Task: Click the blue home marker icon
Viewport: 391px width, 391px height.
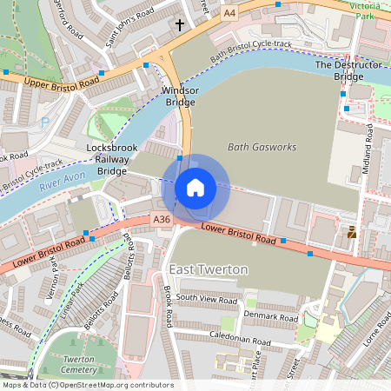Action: (x=195, y=188)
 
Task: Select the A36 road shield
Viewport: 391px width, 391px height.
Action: (x=162, y=221)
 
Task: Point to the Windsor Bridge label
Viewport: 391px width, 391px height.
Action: (x=180, y=96)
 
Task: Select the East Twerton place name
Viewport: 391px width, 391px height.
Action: (x=209, y=269)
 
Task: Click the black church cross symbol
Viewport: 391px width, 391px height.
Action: (x=181, y=25)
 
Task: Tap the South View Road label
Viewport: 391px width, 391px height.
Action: (x=206, y=298)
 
